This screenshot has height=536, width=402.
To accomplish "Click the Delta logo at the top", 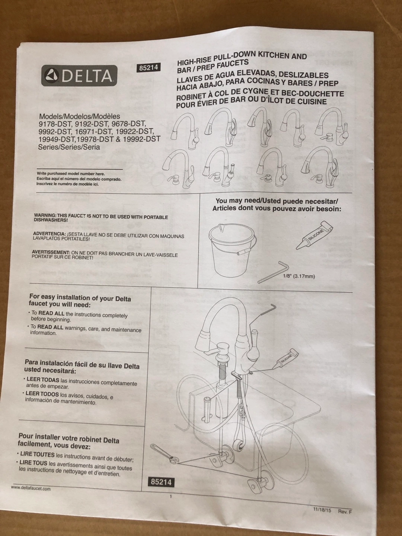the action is click(x=79, y=76).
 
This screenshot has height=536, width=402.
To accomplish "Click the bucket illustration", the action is click(x=232, y=252).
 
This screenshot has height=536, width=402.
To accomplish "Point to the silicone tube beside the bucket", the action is click(x=314, y=235).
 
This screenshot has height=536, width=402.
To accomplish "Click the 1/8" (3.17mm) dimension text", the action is click(x=299, y=277).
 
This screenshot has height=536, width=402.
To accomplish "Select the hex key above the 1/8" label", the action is click(x=273, y=272).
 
